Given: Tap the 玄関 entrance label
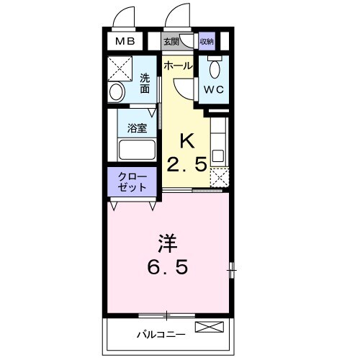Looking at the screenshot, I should click(x=171, y=42).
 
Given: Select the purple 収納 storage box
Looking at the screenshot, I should click(x=207, y=42).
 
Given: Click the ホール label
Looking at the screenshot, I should click(x=178, y=66).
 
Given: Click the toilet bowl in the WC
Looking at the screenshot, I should click(x=215, y=69).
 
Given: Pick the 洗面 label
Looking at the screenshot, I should click(x=145, y=84).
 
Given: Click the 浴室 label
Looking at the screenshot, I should click(x=137, y=130).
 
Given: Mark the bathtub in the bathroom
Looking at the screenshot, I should click(x=137, y=151).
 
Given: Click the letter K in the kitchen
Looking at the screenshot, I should click(x=186, y=139).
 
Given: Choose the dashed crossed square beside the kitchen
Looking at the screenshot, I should click(x=220, y=176).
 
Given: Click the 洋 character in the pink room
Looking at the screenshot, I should click(x=168, y=242).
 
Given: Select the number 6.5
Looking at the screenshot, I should click(x=168, y=267).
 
